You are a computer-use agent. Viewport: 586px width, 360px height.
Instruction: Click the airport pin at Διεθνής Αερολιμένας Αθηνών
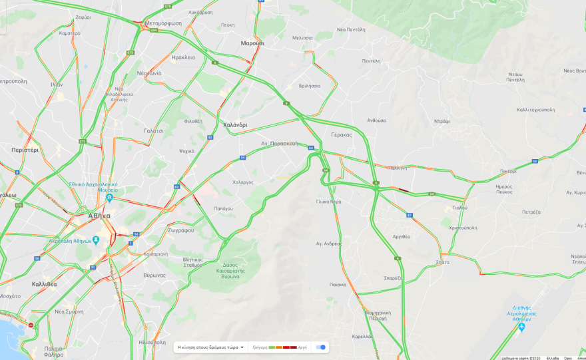point(521,327)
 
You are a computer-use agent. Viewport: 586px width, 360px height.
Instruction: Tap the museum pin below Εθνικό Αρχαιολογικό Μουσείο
point(109,198)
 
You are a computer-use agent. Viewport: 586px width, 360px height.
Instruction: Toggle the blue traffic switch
point(321,347)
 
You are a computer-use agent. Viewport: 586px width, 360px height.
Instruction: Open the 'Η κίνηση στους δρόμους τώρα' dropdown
point(210,347)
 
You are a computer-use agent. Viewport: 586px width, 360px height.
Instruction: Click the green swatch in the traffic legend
point(272,347)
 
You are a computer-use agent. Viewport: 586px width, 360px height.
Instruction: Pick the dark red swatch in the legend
point(294,347)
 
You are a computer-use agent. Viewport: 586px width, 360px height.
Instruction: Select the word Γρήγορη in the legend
point(260,347)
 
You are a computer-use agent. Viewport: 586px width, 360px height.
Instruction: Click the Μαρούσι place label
point(252,43)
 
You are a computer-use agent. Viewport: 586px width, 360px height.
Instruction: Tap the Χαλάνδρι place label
point(235,125)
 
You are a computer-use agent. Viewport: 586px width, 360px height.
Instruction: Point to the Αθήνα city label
point(99,216)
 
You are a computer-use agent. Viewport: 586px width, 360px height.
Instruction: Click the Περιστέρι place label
point(25,150)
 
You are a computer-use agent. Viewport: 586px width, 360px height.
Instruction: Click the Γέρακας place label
point(341,134)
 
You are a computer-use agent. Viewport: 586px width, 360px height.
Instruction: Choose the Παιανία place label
point(338,284)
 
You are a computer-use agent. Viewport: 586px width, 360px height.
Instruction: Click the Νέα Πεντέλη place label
point(351,30)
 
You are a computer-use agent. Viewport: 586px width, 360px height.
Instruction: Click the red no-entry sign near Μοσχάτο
point(31,325)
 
